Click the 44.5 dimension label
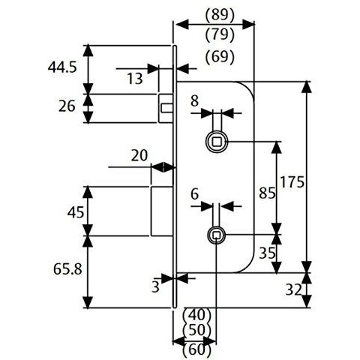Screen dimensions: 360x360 point(62,67)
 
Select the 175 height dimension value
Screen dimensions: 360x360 point(292,181)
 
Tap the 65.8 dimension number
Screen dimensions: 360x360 point(67,269)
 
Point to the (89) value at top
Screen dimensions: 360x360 point(220,15)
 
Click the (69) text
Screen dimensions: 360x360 point(220,57)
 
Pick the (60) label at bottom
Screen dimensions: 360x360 point(197,350)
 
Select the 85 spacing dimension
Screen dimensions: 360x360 point(267,193)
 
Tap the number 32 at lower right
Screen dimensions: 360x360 point(293,290)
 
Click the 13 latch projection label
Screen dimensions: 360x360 point(135,79)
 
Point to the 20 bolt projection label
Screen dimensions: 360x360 point(139,155)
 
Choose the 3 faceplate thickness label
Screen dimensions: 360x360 point(155,287)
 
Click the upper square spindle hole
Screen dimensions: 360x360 point(217,142)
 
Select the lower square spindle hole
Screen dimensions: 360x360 point(216,235)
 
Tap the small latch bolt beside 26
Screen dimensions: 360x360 point(166,108)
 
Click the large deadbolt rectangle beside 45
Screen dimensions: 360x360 point(162,211)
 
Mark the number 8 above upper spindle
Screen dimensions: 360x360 point(194,101)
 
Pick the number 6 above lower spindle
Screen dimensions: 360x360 point(194,194)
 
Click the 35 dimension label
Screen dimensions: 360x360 point(267,253)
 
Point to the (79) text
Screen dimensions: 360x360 point(220,34)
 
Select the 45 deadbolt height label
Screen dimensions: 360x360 point(76,212)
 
